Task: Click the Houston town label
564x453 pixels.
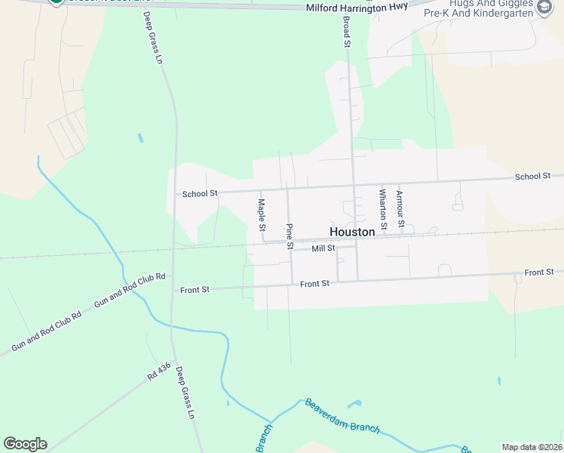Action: coord(352,232)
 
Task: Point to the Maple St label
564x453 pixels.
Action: coord(262,214)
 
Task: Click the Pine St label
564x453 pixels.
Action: coord(290,236)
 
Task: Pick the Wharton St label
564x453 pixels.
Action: coord(382,209)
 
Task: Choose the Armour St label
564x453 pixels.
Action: coord(400,209)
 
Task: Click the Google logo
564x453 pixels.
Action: coord(25,444)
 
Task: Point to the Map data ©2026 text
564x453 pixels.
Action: coord(532,447)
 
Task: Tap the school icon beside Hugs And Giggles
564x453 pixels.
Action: coord(544,8)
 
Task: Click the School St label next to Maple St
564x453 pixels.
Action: coord(200,193)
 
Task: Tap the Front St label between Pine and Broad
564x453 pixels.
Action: coord(314,284)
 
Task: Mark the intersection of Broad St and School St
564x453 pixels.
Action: coord(354,184)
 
